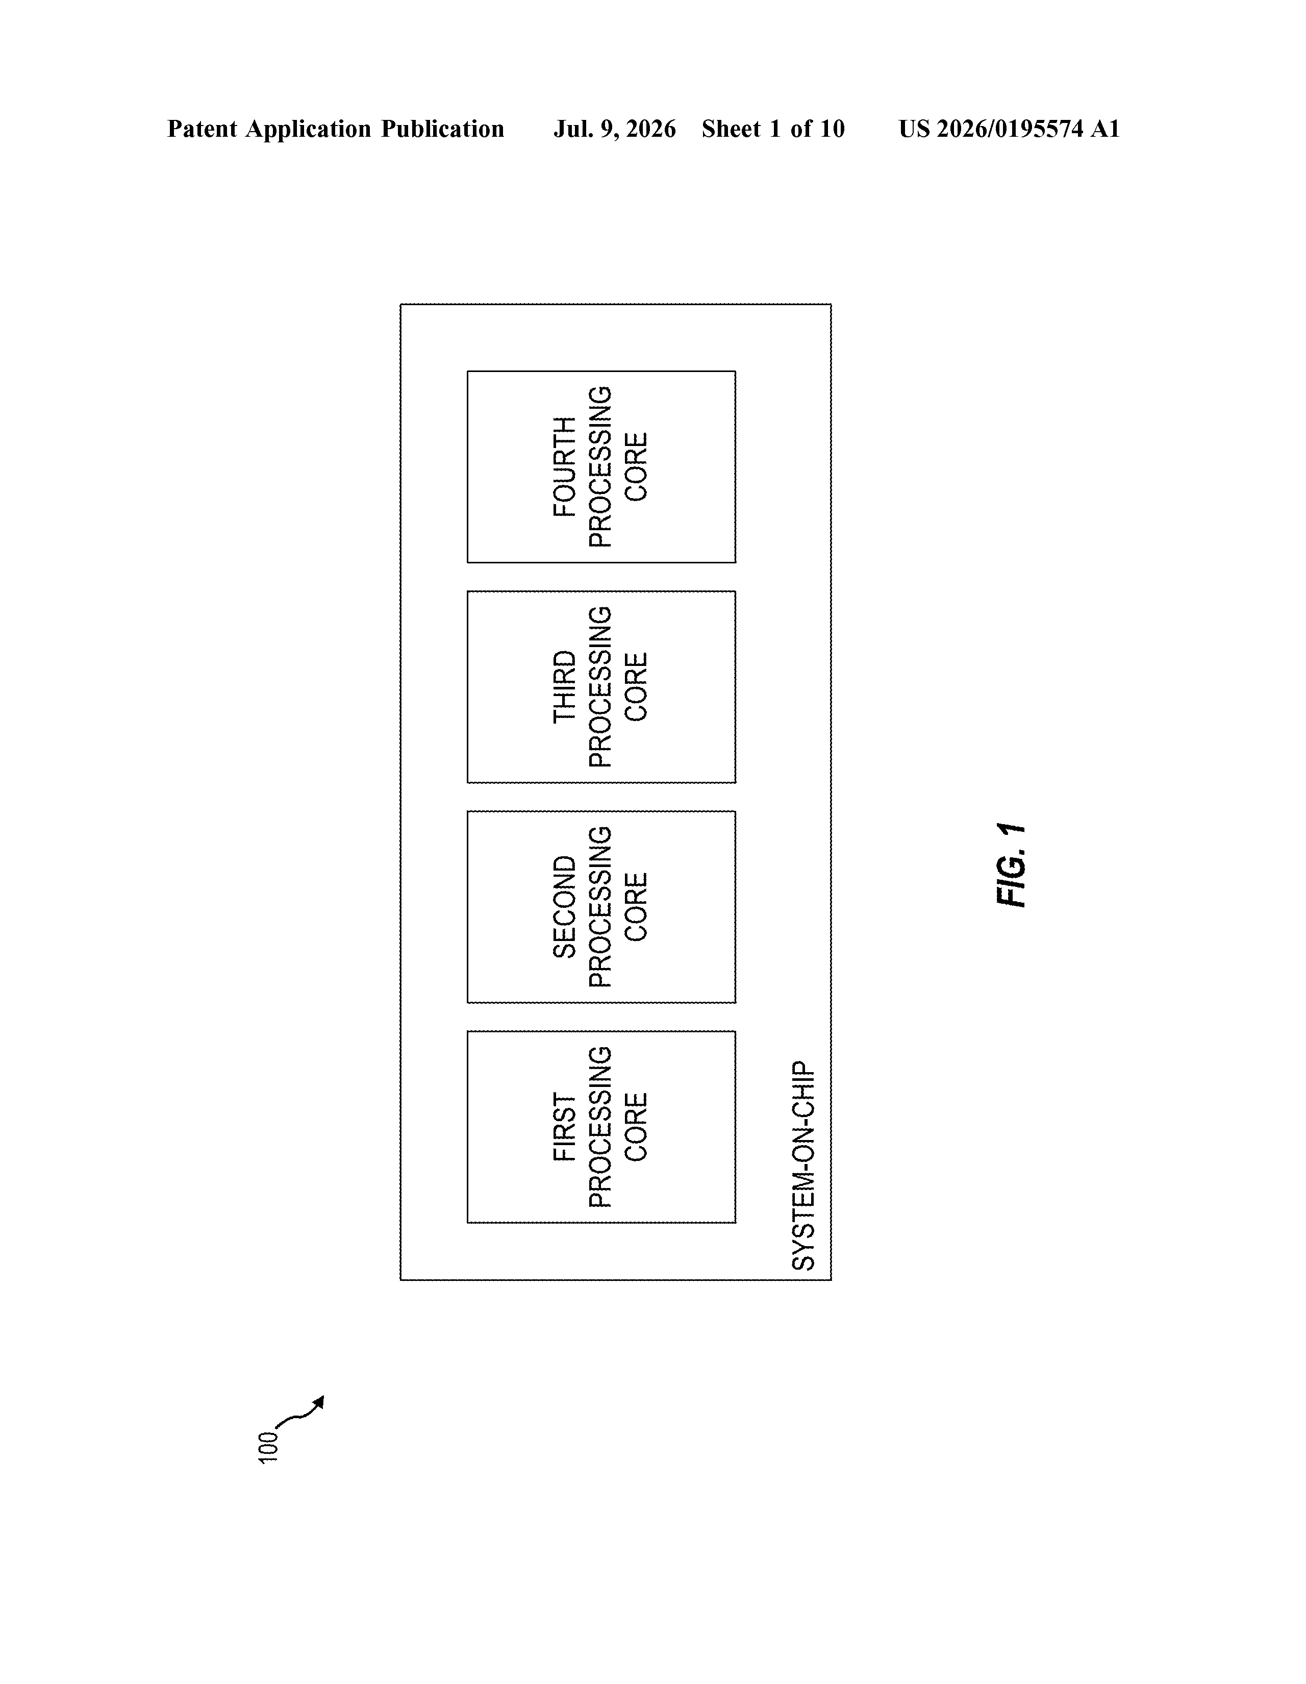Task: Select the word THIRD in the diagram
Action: point(564,687)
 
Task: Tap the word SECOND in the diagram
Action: point(564,907)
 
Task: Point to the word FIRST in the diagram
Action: point(564,1127)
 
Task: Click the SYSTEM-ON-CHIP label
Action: point(803,1166)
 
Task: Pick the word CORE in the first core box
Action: point(636,1127)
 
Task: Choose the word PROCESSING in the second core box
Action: point(600,907)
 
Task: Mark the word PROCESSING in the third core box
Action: point(600,687)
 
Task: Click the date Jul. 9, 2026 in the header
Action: point(614,129)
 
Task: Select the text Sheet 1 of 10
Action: point(773,129)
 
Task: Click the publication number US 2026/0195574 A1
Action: point(1009,129)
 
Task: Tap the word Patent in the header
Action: point(202,129)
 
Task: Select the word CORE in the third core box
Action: point(636,687)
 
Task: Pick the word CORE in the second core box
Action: point(636,907)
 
